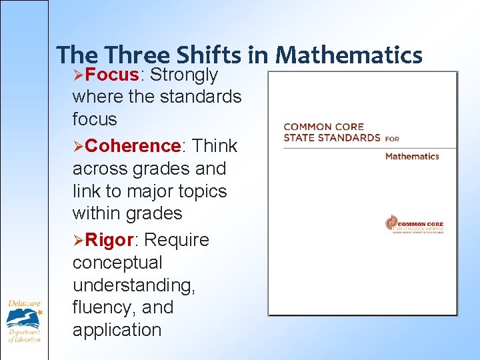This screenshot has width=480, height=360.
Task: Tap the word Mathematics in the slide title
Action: [x=348, y=55]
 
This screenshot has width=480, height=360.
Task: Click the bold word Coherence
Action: [x=133, y=145]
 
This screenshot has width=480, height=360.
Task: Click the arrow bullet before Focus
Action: [x=78, y=75]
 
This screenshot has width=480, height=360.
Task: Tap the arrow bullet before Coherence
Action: [x=78, y=146]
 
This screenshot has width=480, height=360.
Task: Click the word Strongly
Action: [x=184, y=75]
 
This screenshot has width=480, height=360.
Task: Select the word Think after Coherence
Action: [x=215, y=145]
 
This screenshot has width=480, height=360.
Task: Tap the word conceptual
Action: [x=117, y=263]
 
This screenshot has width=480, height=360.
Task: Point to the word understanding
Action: [x=133, y=285]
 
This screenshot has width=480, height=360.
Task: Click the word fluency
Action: [x=103, y=308]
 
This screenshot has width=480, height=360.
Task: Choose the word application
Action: [x=117, y=331]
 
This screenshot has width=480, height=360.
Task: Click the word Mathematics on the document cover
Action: [x=412, y=156]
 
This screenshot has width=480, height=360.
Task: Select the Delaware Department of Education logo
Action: [x=25, y=321]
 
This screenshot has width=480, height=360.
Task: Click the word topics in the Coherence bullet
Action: [x=199, y=191]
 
